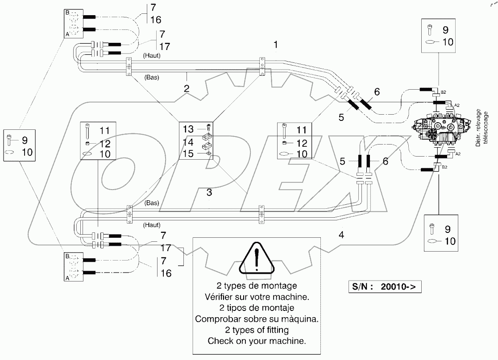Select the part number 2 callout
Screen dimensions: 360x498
pyautogui.click(x=187, y=89)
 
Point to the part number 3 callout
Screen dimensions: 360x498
pyautogui.click(x=208, y=193)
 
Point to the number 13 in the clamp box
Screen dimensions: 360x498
pyautogui.click(x=188, y=129)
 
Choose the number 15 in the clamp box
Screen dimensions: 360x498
pyautogui.click(x=188, y=153)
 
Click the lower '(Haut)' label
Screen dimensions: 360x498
pyautogui.click(x=152, y=224)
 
